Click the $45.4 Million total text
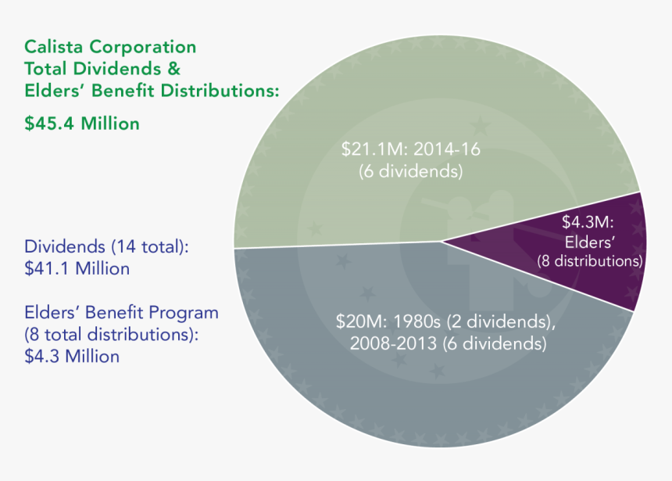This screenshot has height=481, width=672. (83, 123)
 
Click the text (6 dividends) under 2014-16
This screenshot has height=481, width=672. (411, 171)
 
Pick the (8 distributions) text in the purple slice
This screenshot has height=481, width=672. (590, 260)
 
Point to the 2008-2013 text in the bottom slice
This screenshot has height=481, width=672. (391, 343)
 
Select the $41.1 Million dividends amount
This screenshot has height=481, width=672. (77, 268)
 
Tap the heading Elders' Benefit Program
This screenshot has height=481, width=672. (122, 313)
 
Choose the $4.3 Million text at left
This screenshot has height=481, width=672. (72, 357)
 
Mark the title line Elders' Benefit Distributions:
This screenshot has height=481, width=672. (152, 91)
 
